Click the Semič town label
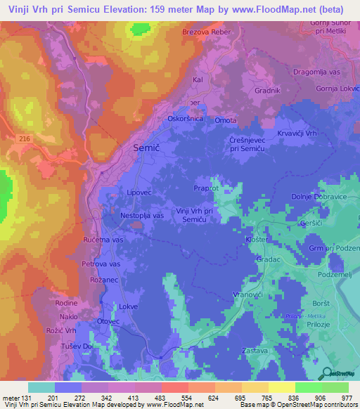pyautogui.click(x=146, y=148)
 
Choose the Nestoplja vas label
pyautogui.click(x=142, y=216)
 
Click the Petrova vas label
pyautogui.click(x=101, y=264)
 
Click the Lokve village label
pyautogui.click(x=128, y=307)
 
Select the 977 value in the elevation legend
pyautogui.click(x=346, y=397)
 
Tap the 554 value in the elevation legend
pyautogui.click(x=176, y=397)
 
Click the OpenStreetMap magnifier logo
pyautogui.click(x=327, y=372)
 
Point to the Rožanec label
pyautogui.click(x=103, y=280)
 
